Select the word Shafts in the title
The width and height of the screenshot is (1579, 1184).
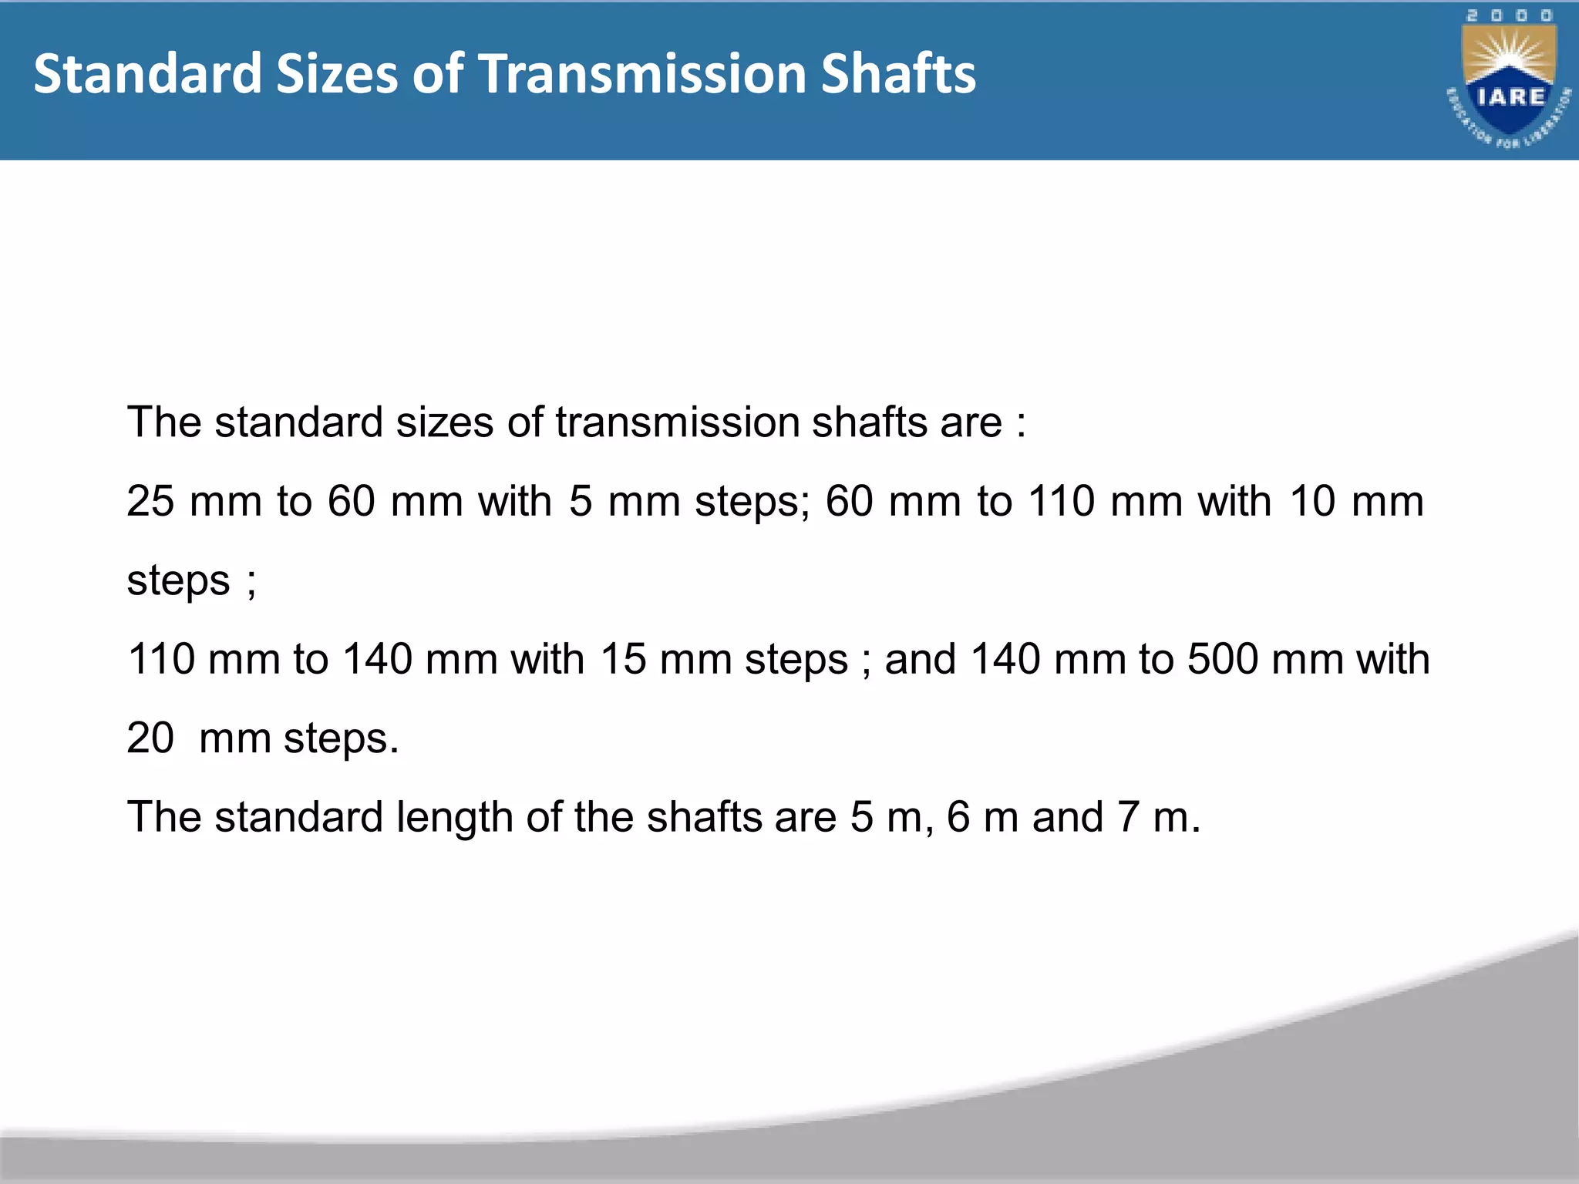point(898,74)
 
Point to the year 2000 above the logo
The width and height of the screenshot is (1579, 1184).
point(1509,16)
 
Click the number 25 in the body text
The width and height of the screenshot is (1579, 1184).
point(150,501)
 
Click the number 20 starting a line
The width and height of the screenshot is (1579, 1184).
point(150,738)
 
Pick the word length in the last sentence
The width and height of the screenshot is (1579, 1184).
point(454,817)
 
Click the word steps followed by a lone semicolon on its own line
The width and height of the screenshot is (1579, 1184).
point(178,580)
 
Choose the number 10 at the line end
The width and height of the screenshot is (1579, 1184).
point(1311,501)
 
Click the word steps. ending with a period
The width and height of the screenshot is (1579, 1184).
point(341,739)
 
